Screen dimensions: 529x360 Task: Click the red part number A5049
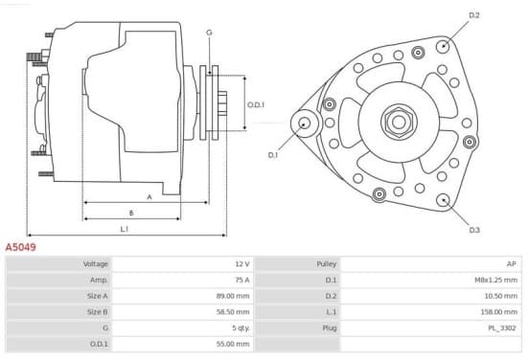pyautogui.click(x=20, y=247)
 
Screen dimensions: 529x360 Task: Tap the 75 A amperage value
pyautogui.click(x=242, y=280)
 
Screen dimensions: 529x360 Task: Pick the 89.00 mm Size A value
pyautogui.click(x=233, y=296)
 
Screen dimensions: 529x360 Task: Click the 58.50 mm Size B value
pyautogui.click(x=233, y=312)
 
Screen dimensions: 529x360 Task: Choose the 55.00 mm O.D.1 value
pyautogui.click(x=233, y=344)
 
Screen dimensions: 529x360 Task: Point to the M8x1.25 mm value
pyautogui.click(x=496, y=280)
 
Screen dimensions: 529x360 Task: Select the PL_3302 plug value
pyautogui.click(x=502, y=328)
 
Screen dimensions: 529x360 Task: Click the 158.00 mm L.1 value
pyautogui.click(x=499, y=312)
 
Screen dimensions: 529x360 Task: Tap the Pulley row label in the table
pyautogui.click(x=326, y=264)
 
